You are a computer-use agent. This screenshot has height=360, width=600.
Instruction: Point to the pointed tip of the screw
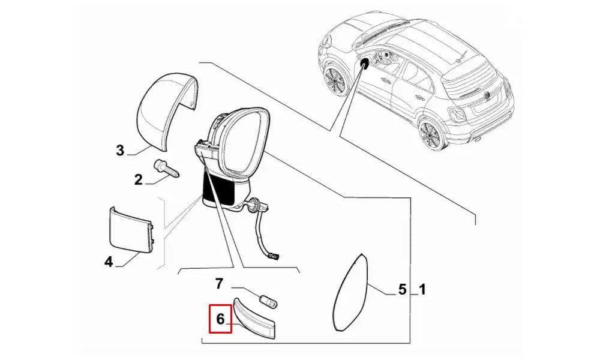coord(180,176)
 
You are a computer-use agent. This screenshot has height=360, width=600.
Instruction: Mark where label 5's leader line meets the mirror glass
coord(367,286)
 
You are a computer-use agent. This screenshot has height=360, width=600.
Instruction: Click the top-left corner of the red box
coord(209,305)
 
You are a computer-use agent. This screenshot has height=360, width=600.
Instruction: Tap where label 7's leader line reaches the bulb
coord(262,295)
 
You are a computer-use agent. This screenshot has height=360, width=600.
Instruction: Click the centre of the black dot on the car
coord(365,64)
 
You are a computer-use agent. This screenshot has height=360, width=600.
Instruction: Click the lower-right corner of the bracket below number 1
coord(410,343)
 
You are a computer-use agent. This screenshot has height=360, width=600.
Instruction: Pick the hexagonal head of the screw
coord(158,166)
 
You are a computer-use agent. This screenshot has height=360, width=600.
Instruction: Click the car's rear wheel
coord(432,134)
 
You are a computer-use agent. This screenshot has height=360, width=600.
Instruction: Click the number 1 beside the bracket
coord(422,289)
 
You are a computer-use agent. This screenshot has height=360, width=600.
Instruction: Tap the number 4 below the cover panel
coord(109,262)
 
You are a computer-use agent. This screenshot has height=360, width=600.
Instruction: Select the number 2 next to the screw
coord(138,179)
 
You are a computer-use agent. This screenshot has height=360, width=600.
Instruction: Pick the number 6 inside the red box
coord(220,319)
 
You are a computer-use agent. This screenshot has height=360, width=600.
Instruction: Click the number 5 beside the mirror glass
coord(402,289)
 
